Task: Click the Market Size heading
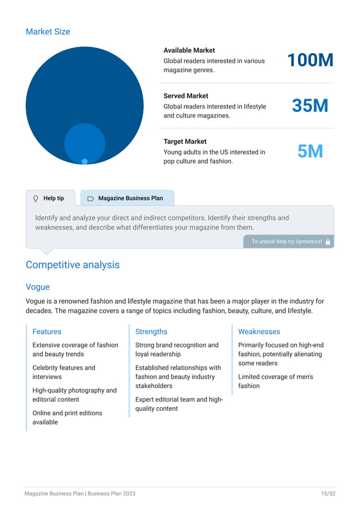tap(48, 32)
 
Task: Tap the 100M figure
tap(310, 60)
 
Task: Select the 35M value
tap(310, 106)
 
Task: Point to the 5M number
tap(310, 151)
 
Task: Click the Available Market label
tap(189, 50)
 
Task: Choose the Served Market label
tap(186, 96)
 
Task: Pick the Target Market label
tap(185, 142)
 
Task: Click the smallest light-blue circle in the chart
tap(85, 161)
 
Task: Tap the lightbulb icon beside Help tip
tap(36, 199)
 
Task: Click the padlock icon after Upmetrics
tap(328, 242)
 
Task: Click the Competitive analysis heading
tap(72, 265)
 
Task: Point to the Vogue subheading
tap(38, 287)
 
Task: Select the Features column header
tap(47, 332)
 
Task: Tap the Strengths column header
tap(151, 332)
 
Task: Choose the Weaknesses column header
tap(259, 332)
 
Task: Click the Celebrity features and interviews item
tap(64, 372)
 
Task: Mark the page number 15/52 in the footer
tap(328, 493)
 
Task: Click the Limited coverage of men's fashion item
tap(275, 381)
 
